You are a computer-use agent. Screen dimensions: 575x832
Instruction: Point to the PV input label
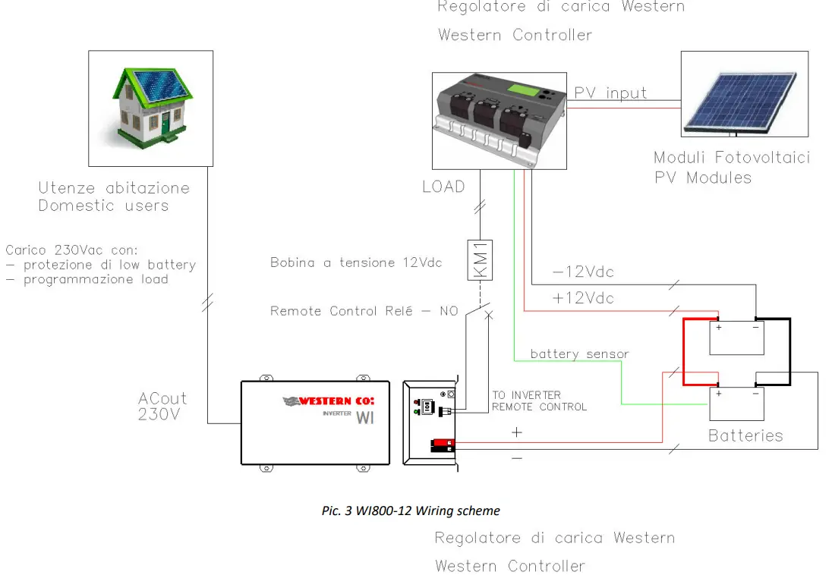pyautogui.click(x=610, y=93)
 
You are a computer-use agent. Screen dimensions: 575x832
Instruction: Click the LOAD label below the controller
pyautogui.click(x=443, y=187)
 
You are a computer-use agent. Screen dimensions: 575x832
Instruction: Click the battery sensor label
pyautogui.click(x=579, y=353)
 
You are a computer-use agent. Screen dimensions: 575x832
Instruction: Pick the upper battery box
pyautogui.click(x=736, y=338)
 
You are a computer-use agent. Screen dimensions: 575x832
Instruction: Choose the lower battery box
pyautogui.click(x=736, y=404)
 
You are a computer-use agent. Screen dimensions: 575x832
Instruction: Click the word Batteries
pyautogui.click(x=745, y=435)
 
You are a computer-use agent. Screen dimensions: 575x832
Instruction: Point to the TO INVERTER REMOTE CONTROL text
pyautogui.click(x=539, y=401)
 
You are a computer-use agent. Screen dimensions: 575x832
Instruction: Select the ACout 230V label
pyautogui.click(x=162, y=407)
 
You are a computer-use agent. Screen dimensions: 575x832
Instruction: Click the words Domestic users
pyautogui.click(x=103, y=206)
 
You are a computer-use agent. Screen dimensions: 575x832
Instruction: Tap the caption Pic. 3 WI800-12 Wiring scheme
pyautogui.click(x=411, y=511)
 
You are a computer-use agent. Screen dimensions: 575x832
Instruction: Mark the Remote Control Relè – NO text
pyautogui.click(x=364, y=311)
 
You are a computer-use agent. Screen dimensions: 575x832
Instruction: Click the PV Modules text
pyautogui.click(x=703, y=178)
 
